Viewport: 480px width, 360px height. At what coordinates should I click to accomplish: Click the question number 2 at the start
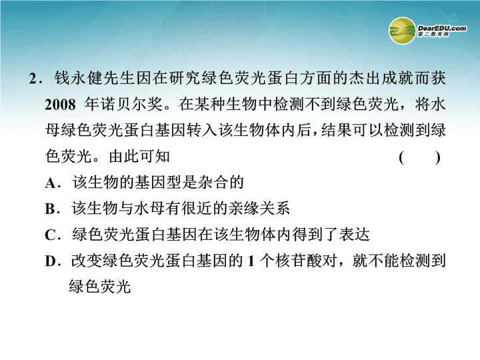[x=33, y=79]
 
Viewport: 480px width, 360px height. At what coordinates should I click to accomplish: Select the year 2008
[x=60, y=105]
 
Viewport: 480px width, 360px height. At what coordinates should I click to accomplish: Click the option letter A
[x=50, y=183]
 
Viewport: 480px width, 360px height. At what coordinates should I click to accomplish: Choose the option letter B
[x=50, y=209]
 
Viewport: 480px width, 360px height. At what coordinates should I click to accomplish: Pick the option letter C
[x=50, y=235]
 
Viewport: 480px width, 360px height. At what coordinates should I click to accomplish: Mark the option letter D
[x=50, y=261]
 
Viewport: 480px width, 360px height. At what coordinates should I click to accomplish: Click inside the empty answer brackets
[x=419, y=157]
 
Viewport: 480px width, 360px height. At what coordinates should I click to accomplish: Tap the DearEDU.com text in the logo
[x=442, y=29]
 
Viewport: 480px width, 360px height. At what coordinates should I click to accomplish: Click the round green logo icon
[x=402, y=31]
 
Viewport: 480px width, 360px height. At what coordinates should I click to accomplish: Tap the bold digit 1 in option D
[x=251, y=261]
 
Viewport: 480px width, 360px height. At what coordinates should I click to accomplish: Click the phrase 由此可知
[x=139, y=156]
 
